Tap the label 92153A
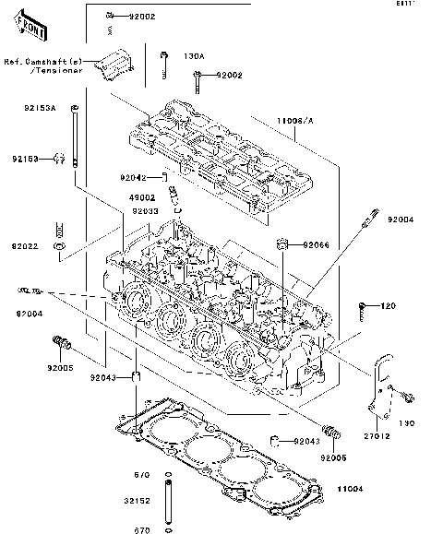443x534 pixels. pyautogui.click(x=40, y=108)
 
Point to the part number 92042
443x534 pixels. pyautogui.click(x=133, y=177)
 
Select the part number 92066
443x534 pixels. pyautogui.click(x=317, y=246)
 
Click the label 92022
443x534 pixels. pyautogui.click(x=25, y=247)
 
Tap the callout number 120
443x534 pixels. pyautogui.click(x=389, y=305)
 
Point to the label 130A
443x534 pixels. pyautogui.click(x=195, y=56)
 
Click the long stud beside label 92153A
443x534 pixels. pyautogui.click(x=75, y=138)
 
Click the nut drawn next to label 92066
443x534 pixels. pyautogui.click(x=283, y=244)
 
